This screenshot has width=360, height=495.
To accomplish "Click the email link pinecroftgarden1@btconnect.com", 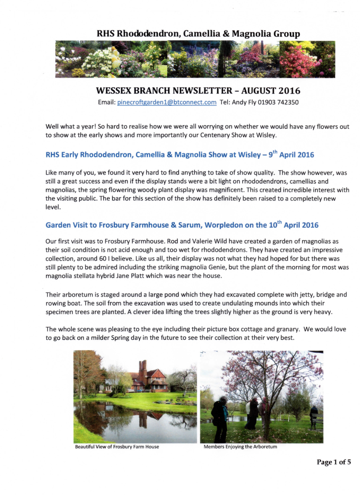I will [x=166, y=102].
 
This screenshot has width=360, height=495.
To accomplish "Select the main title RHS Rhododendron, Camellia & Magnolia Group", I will [x=198, y=33].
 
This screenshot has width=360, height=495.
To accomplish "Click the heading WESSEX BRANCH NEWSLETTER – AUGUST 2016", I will [x=198, y=91].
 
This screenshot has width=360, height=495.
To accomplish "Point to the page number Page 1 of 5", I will [x=334, y=462].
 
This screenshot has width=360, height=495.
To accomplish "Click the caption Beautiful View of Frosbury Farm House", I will [x=117, y=447].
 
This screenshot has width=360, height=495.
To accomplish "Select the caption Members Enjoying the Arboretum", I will [x=240, y=447].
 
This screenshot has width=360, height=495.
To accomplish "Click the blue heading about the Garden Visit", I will [x=182, y=225].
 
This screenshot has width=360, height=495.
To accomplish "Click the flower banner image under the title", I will [x=195, y=59].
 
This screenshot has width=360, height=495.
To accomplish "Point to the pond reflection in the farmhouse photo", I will [x=137, y=423].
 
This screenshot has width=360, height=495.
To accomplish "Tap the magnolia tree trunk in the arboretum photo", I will [x=266, y=421].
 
